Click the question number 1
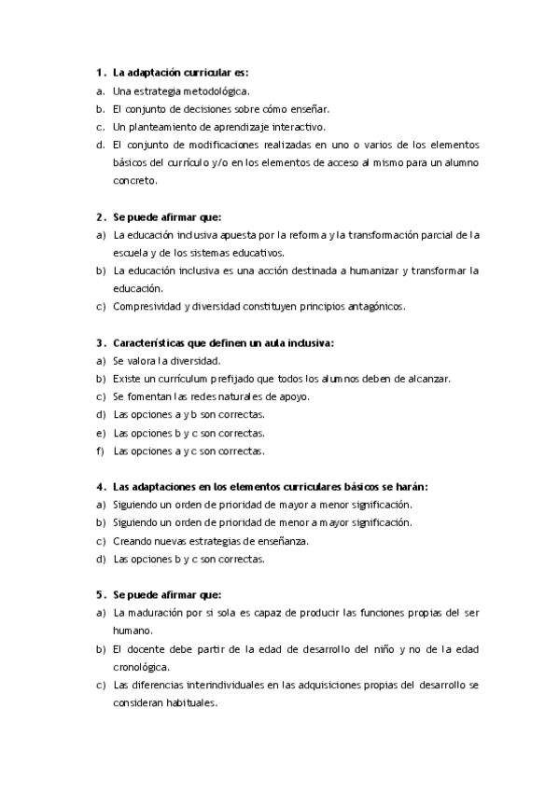tap(98, 72)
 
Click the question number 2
tap(98, 216)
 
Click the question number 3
tap(98, 342)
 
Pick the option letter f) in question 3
tap(100, 451)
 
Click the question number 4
tap(98, 487)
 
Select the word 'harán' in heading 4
tap(412, 487)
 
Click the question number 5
tap(98, 595)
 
